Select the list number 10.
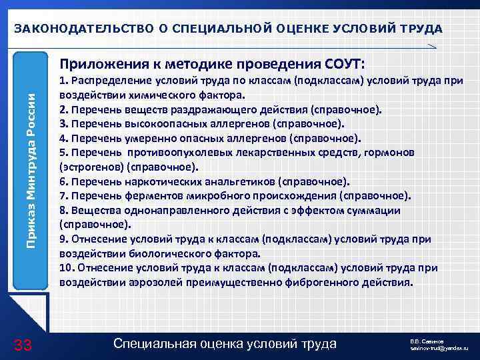[x=66, y=268]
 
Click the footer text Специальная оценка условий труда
[x=225, y=344]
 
